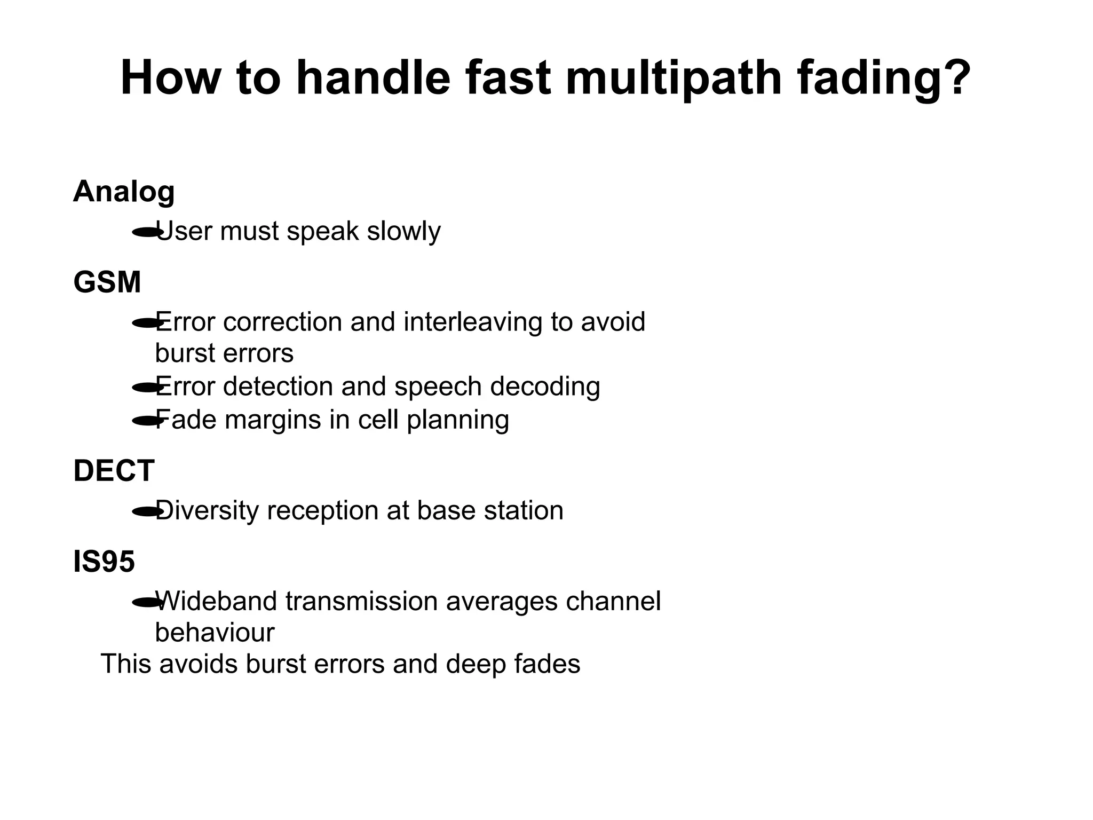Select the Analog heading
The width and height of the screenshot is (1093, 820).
click(x=124, y=192)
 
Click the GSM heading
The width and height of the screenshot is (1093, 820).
click(x=107, y=282)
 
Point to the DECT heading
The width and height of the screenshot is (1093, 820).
click(x=114, y=471)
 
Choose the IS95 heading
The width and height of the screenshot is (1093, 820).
click(x=104, y=562)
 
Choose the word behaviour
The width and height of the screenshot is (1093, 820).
click(x=215, y=633)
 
